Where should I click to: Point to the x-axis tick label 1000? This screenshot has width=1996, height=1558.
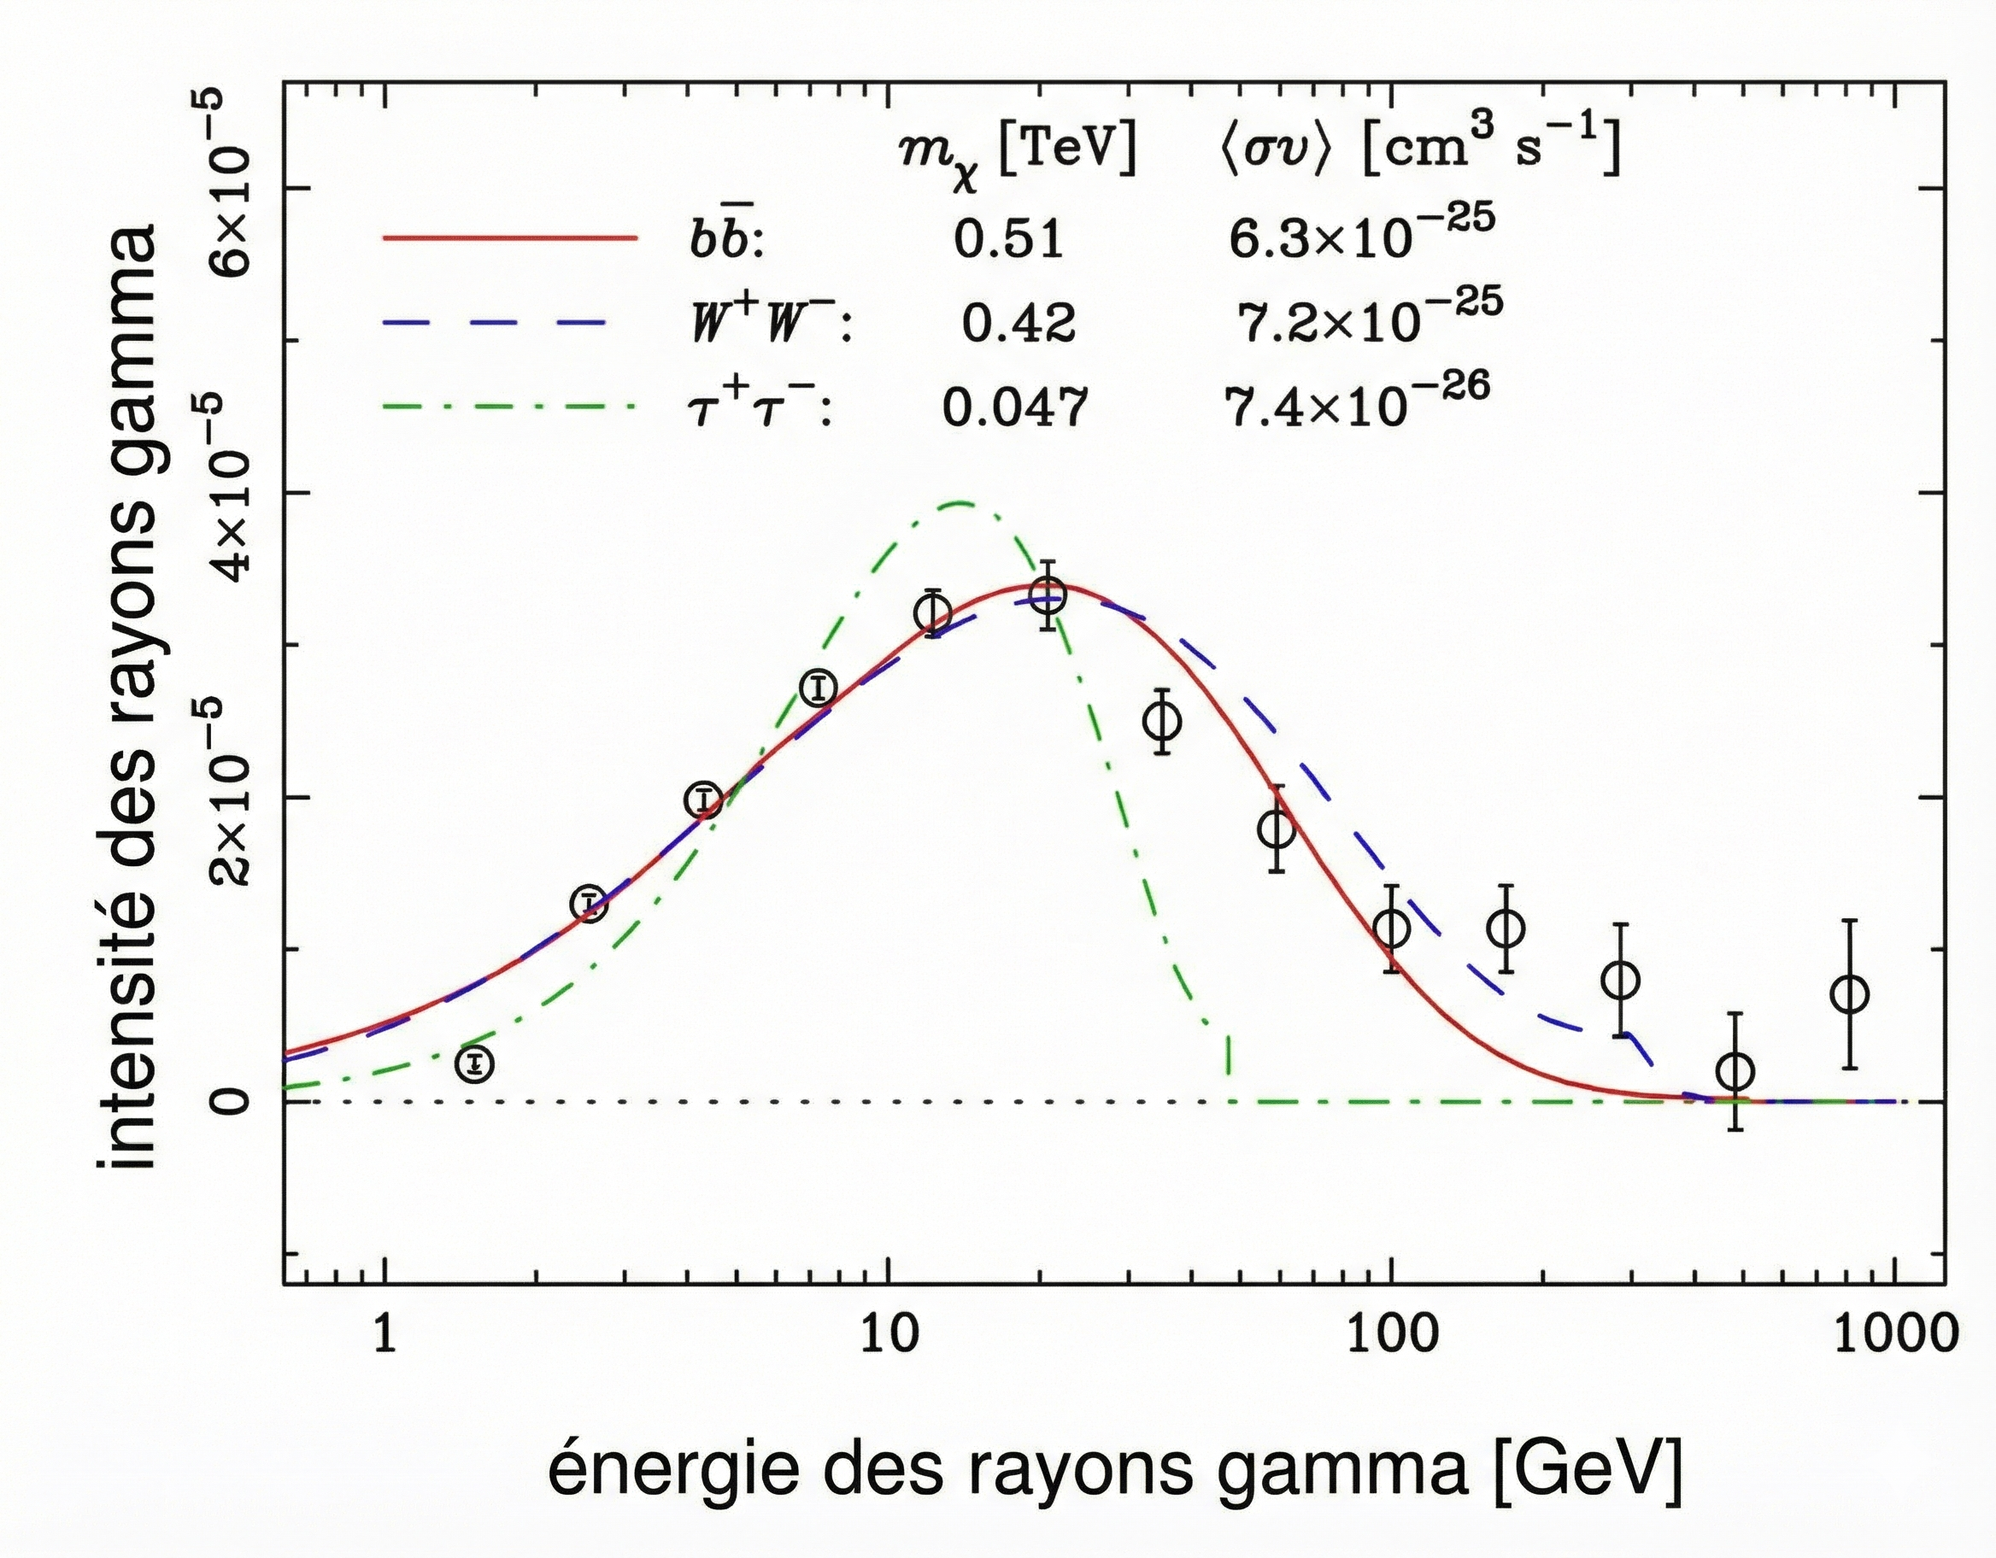click(x=1894, y=1335)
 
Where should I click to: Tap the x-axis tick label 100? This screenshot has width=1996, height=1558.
click(x=1391, y=1335)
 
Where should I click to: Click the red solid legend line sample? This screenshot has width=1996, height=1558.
click(x=508, y=237)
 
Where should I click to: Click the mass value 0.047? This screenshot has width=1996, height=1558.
click(x=1014, y=407)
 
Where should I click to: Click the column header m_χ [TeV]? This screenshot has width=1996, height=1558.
click(x=1016, y=151)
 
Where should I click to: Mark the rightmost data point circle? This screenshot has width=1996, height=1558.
click(x=1851, y=994)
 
